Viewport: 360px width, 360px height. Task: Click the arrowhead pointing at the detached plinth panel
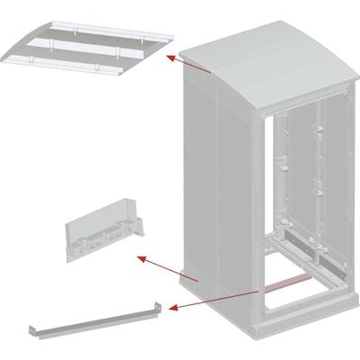[x=138, y=258]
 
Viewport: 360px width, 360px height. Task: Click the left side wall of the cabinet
[x=220, y=180]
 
